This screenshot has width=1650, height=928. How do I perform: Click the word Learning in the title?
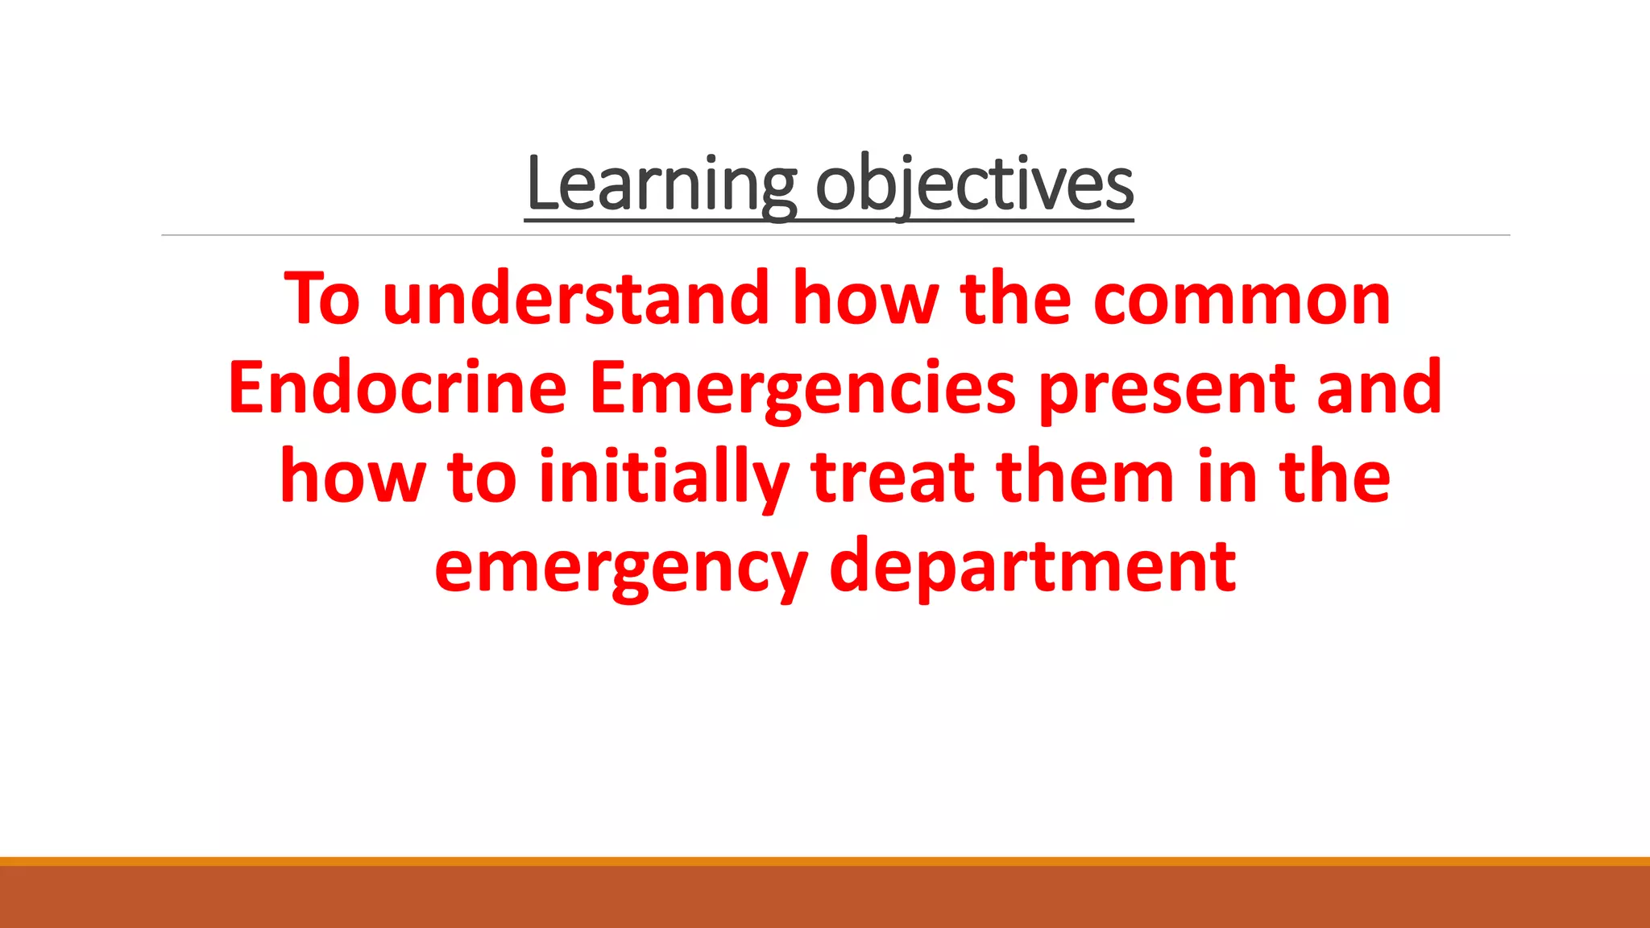661,185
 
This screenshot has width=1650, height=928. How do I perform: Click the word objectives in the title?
975,185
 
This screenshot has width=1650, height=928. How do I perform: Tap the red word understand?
576,300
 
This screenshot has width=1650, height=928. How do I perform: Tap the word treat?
893,478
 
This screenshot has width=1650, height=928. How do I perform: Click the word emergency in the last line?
620,569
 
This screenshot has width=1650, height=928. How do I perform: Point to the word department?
1032,569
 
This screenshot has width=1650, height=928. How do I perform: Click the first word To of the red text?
321,300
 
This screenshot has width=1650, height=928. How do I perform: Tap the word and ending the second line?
1378,389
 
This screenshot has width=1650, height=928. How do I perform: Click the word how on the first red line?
865,300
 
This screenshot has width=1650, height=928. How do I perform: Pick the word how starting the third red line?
352,478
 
